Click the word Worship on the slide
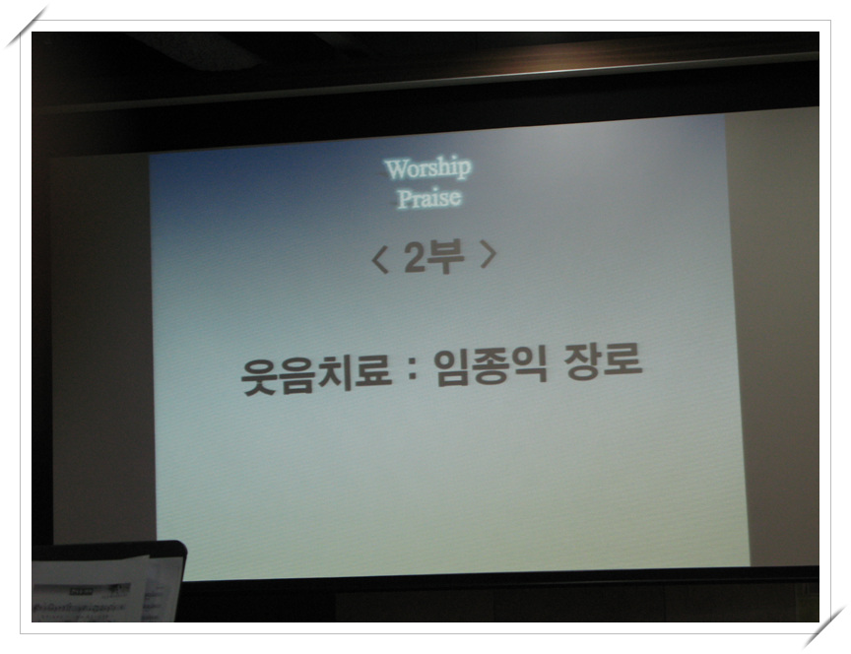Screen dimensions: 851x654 pos(427,168)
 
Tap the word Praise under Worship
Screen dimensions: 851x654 pos(428,198)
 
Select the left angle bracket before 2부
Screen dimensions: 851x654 pos(380,259)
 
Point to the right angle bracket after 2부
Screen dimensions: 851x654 pos(489,255)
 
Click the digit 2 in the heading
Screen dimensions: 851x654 pos(414,257)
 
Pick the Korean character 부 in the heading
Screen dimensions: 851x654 pos(445,256)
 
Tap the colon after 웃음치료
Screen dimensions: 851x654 pos(413,370)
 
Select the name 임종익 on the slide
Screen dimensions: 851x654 pos(491,365)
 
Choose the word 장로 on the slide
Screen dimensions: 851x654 pos(604,360)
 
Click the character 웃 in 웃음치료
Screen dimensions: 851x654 pos(259,377)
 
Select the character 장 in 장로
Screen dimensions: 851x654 pos(584,362)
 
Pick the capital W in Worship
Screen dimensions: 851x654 pos(395,169)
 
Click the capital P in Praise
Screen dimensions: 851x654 pos(404,199)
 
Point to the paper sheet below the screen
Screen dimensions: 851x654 pos(90,590)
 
